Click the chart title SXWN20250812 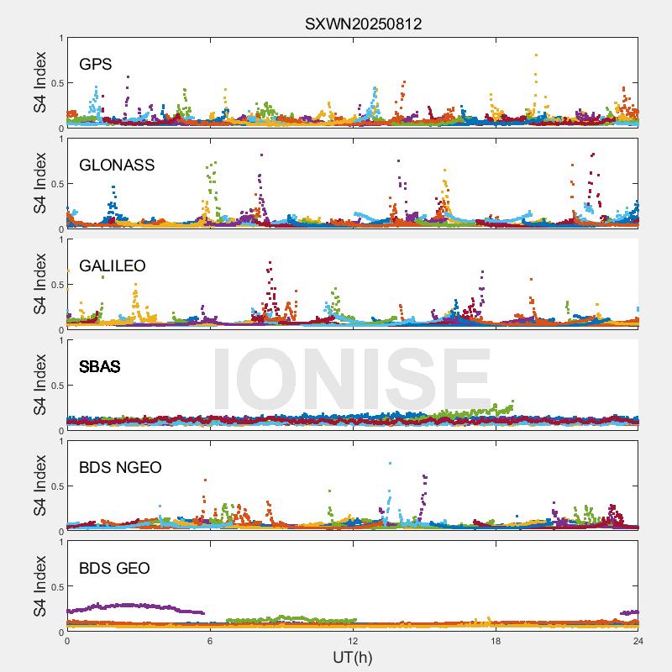[x=363, y=24]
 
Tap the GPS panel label [x=96, y=64]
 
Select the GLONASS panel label [x=117, y=165]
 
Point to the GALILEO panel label [x=113, y=265]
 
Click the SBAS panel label [x=100, y=367]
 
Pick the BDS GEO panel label [x=114, y=569]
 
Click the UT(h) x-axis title [x=353, y=656]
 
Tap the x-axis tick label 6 [x=210, y=640]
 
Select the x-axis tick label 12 [x=353, y=640]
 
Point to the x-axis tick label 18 [x=496, y=640]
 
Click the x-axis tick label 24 [x=638, y=640]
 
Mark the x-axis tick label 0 [x=67, y=640]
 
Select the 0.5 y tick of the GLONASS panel [x=54, y=184]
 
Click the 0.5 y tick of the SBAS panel [x=54, y=386]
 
